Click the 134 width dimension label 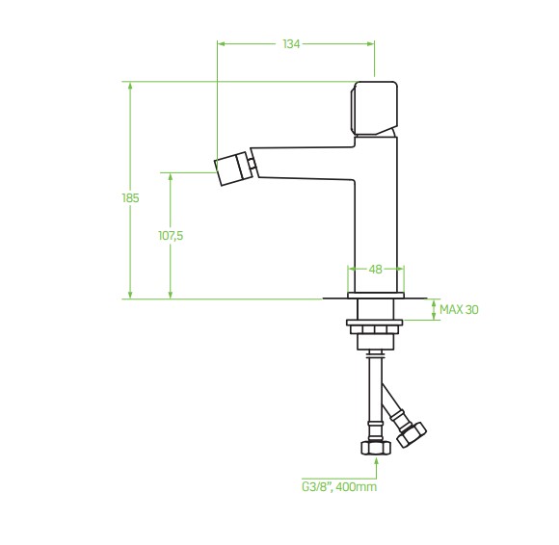[291, 44]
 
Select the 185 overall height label [130, 197]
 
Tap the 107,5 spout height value [171, 236]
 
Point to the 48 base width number [376, 270]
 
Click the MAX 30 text [459, 309]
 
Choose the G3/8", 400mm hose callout [339, 486]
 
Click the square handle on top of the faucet [374, 109]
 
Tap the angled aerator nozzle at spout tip [231, 169]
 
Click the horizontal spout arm [303, 163]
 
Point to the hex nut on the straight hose [376, 448]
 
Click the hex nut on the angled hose [412, 434]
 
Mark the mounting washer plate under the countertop [374, 323]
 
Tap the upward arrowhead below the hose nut [377, 461]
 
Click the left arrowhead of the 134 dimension [222, 44]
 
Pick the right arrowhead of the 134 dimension [370, 44]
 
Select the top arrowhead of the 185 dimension [130, 86]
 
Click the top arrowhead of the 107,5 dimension [171, 177]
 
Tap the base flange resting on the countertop [376, 296]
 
